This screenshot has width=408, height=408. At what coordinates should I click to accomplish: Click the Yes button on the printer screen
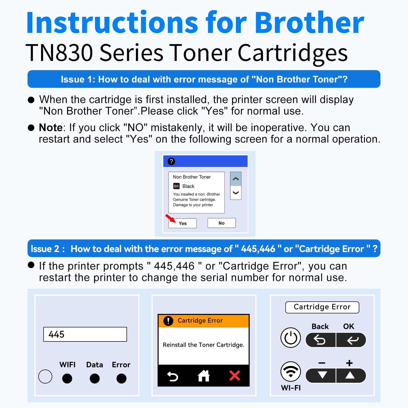(x=183, y=223)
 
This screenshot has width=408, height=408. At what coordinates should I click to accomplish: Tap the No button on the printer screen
(x=221, y=223)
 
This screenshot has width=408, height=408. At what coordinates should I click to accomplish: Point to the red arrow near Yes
(x=170, y=218)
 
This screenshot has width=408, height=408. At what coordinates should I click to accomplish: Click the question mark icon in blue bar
(x=171, y=161)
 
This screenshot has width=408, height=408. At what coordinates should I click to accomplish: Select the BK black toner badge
(x=176, y=186)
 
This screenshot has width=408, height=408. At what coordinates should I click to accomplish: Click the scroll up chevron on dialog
(x=236, y=179)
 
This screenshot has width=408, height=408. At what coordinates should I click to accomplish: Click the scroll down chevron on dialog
(x=236, y=193)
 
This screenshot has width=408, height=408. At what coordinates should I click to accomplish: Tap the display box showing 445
(x=85, y=334)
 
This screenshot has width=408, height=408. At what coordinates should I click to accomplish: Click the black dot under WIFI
(x=67, y=378)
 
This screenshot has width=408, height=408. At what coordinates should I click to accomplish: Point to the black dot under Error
(x=121, y=378)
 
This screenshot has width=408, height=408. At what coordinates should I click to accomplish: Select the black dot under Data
(x=95, y=378)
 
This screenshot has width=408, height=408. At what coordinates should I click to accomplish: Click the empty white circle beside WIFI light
(x=45, y=377)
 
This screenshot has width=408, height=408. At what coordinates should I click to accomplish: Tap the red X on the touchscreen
(x=235, y=376)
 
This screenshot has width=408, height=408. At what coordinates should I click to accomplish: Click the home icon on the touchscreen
(x=203, y=376)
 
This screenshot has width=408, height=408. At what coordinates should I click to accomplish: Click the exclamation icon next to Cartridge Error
(x=168, y=321)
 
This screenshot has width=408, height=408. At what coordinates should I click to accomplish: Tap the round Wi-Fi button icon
(x=291, y=372)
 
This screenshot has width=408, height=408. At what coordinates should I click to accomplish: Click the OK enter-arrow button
(x=352, y=340)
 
